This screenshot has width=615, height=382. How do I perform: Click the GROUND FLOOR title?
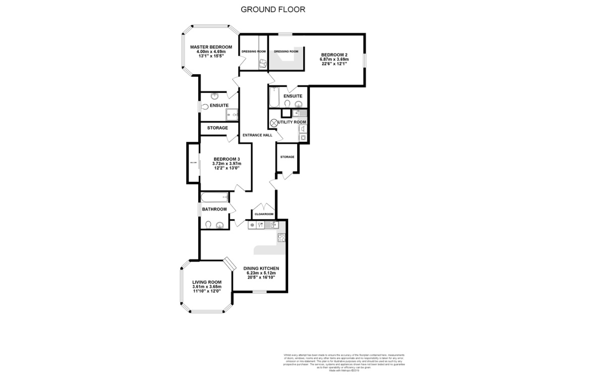273,9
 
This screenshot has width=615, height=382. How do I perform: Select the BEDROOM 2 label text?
334,55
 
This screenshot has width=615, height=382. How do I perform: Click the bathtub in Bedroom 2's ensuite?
274,97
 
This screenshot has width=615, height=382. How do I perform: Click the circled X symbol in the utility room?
274,122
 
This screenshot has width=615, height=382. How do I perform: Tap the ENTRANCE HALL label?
257,135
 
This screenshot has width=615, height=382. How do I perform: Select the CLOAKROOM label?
263,214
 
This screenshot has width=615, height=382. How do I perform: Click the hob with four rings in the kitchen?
281,238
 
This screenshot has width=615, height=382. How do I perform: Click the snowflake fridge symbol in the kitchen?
252,225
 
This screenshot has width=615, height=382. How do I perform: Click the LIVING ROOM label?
207,282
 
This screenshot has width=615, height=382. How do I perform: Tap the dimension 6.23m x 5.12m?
261,273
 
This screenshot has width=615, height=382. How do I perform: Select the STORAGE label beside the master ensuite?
217,128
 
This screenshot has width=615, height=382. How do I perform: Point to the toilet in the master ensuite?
205,106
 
